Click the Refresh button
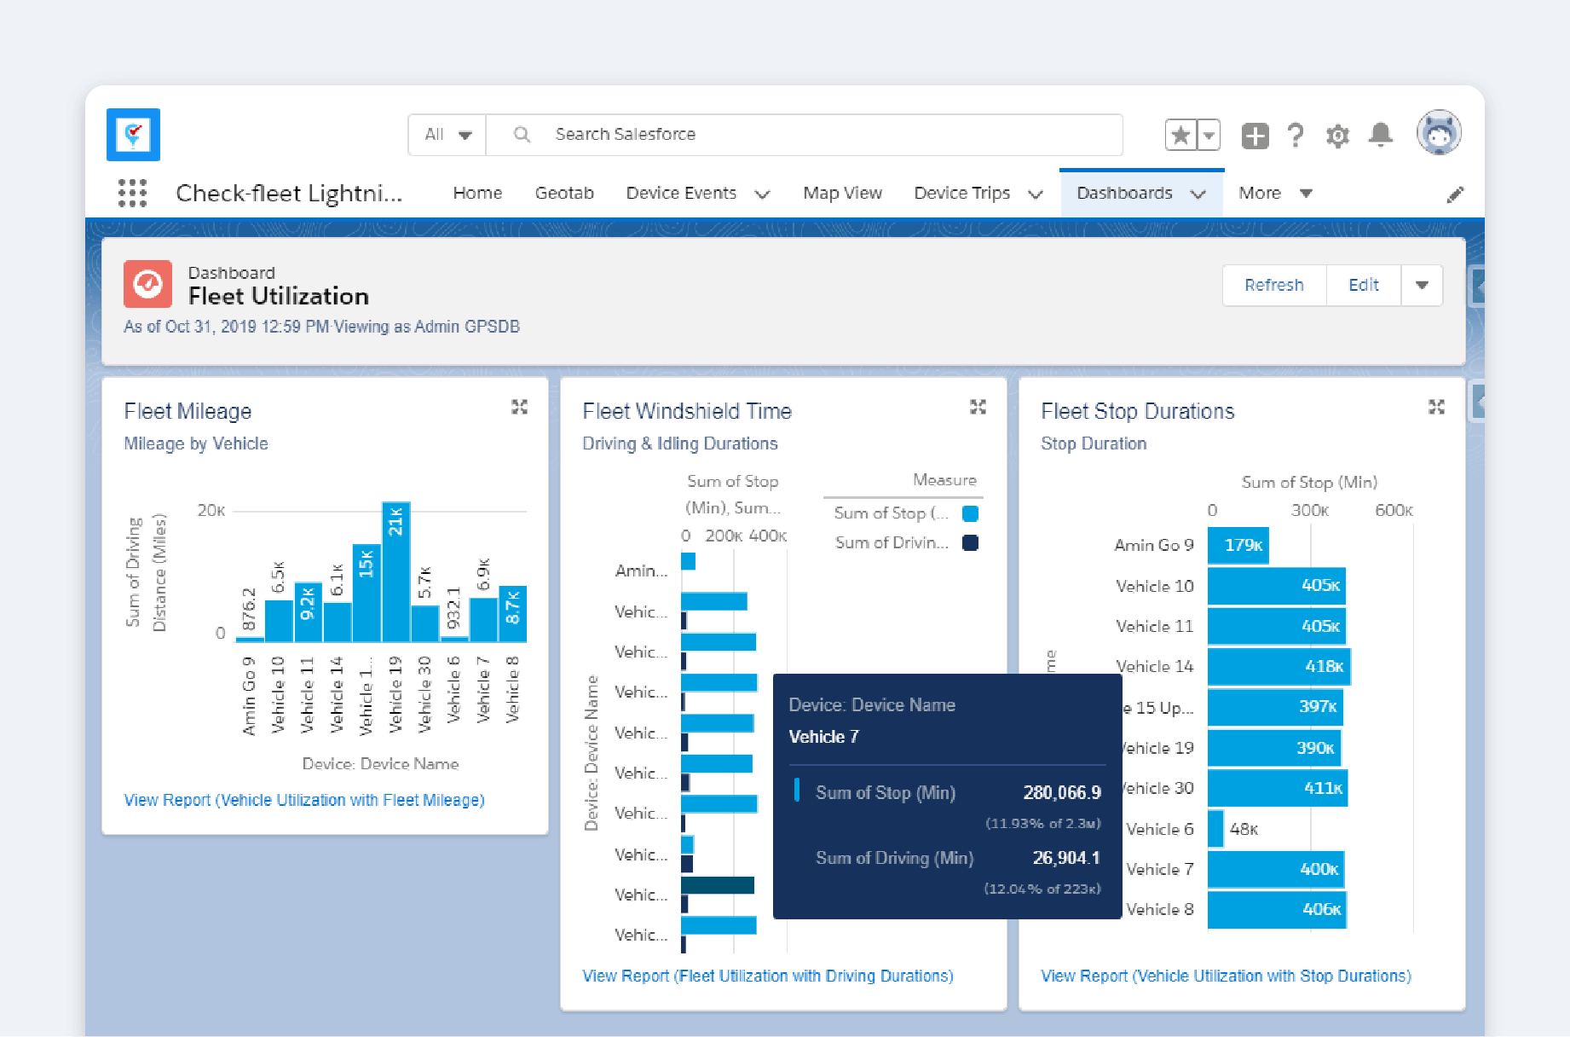point(1273,285)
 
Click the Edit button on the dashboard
point(1363,285)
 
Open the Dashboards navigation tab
point(1124,194)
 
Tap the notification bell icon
point(1380,135)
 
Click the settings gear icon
point(1337,136)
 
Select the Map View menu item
point(842,194)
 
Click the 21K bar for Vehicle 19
point(396,571)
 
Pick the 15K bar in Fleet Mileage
point(367,593)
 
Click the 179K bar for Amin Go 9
point(1238,545)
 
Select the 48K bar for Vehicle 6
point(1215,829)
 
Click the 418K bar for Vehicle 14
point(1278,666)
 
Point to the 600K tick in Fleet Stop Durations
point(1394,511)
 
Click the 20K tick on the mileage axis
point(211,511)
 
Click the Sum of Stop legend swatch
point(970,513)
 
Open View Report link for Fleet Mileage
point(304,800)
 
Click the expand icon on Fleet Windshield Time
point(978,408)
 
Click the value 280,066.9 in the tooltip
point(1061,792)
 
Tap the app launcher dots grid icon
point(132,193)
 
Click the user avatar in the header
point(1439,133)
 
